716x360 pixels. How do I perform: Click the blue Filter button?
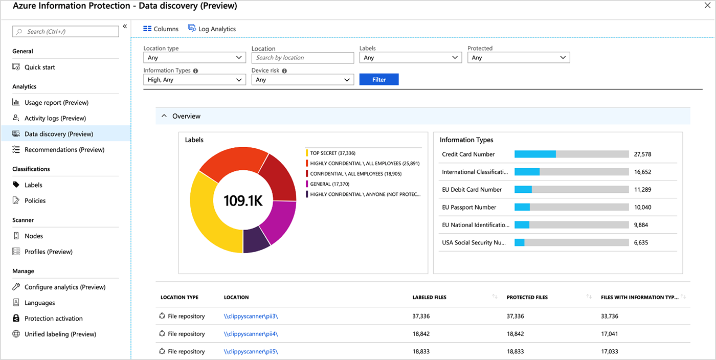pyautogui.click(x=379, y=80)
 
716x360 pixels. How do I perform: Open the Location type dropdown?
pyautogui.click(x=194, y=58)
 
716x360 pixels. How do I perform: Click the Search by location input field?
pyautogui.click(x=302, y=58)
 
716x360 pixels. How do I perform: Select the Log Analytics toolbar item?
pyautogui.click(x=212, y=29)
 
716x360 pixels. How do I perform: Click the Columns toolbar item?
pyautogui.click(x=161, y=29)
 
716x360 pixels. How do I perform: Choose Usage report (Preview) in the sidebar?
pyautogui.click(x=56, y=103)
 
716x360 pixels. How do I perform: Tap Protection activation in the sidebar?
pyautogui.click(x=53, y=319)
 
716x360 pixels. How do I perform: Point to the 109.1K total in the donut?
pyautogui.click(x=243, y=200)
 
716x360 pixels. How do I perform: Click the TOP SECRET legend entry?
pyautogui.click(x=332, y=153)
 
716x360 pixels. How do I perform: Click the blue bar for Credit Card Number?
pyautogui.click(x=535, y=154)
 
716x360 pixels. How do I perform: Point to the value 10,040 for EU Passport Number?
pyautogui.click(x=642, y=208)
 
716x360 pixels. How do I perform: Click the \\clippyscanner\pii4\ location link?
pyautogui.click(x=251, y=334)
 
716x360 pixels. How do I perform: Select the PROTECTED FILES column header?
pyautogui.click(x=527, y=297)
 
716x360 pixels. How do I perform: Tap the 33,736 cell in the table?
pyautogui.click(x=610, y=317)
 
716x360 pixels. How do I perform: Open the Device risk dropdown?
pyautogui.click(x=302, y=80)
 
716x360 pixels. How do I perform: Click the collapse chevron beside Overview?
pyautogui.click(x=164, y=117)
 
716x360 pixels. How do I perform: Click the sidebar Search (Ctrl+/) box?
pyautogui.click(x=65, y=32)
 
